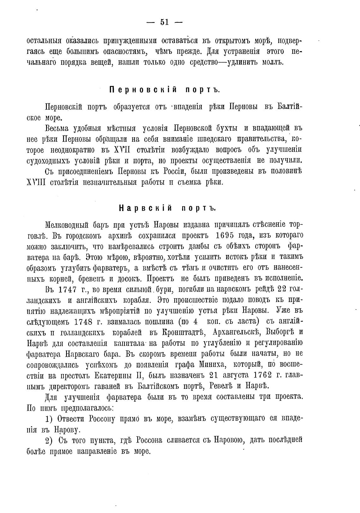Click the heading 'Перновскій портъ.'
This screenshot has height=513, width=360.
click(165, 90)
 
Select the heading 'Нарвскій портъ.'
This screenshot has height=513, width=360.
click(167, 208)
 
